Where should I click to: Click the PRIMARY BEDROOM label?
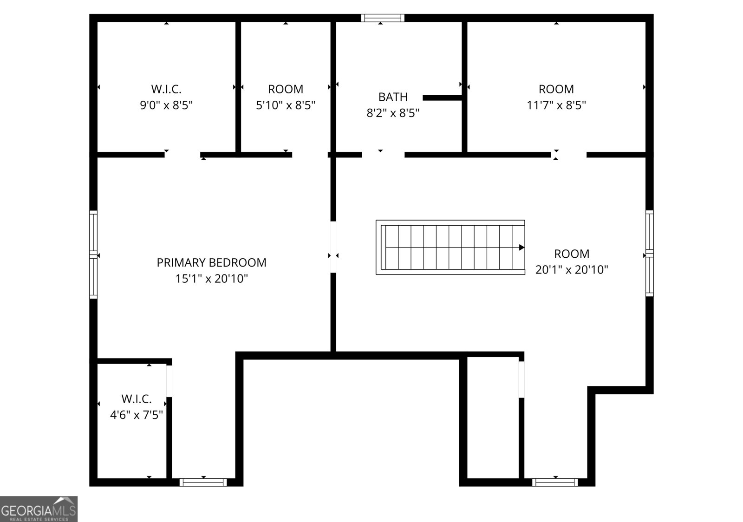[x=211, y=262]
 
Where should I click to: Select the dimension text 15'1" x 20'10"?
[x=211, y=279]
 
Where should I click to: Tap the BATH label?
[x=393, y=97]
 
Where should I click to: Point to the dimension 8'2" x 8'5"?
[x=393, y=113]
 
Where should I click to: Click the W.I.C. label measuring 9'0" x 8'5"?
[x=166, y=89]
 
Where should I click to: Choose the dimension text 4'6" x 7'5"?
[x=136, y=415]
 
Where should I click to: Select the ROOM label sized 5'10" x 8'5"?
[x=286, y=89]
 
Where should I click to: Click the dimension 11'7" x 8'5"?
[x=556, y=105]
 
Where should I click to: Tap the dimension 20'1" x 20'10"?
[x=572, y=270]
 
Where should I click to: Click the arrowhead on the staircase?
[x=521, y=248]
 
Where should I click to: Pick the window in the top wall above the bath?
[x=383, y=18]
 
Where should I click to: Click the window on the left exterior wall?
[x=94, y=254]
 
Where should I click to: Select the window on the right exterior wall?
[x=649, y=253]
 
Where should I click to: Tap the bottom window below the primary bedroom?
[x=203, y=482]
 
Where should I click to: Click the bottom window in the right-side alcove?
[x=555, y=482]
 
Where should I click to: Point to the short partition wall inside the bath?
[x=442, y=98]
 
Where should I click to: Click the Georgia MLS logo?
[x=39, y=509]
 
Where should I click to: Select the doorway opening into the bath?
[x=383, y=155]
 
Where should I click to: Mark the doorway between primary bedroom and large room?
[x=333, y=247]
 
